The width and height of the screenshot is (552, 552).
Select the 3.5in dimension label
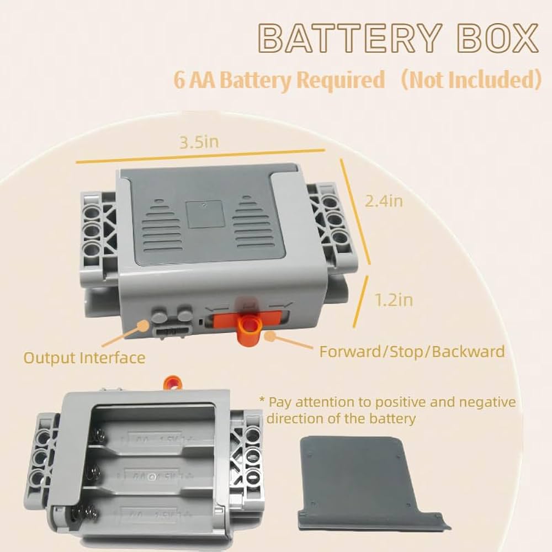pyautogui.click(x=199, y=142)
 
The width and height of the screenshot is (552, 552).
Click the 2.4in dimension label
pyautogui.click(x=384, y=201)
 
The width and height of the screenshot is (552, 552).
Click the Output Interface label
pyautogui.click(x=84, y=358)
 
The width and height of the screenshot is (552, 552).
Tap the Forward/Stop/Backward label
pyautogui.click(x=412, y=351)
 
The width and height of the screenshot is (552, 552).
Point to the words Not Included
pyautogui.click(x=469, y=80)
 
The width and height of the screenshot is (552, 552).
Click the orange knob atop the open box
pyautogui.click(x=174, y=382)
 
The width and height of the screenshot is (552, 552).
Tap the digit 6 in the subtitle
pyautogui.click(x=179, y=81)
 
